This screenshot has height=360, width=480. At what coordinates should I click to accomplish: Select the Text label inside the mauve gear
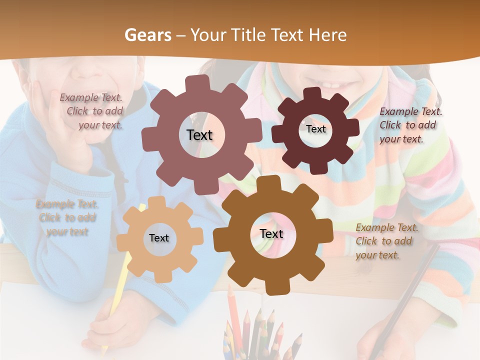[x=199, y=135]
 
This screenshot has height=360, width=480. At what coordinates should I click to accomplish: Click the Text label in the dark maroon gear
[x=315, y=129]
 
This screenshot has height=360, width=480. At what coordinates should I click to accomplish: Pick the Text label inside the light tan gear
[x=159, y=238]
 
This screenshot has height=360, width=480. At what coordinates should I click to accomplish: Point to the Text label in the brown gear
[x=271, y=233]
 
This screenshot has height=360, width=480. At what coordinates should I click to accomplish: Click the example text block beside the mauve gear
[x=93, y=111]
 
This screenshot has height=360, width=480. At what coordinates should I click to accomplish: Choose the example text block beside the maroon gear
[x=410, y=125]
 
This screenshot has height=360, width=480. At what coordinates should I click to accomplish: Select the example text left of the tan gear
[x=67, y=217]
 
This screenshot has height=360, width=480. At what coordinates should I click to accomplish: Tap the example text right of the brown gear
[x=386, y=241]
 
